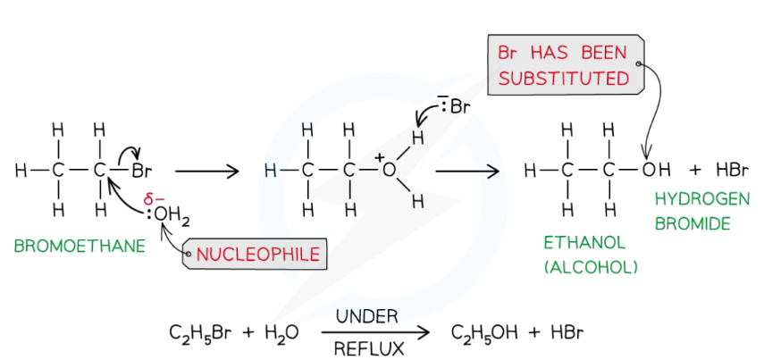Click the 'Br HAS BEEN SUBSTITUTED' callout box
[564, 65]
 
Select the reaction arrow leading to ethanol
[466, 169]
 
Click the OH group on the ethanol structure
[654, 169]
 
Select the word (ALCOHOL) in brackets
[593, 265]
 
